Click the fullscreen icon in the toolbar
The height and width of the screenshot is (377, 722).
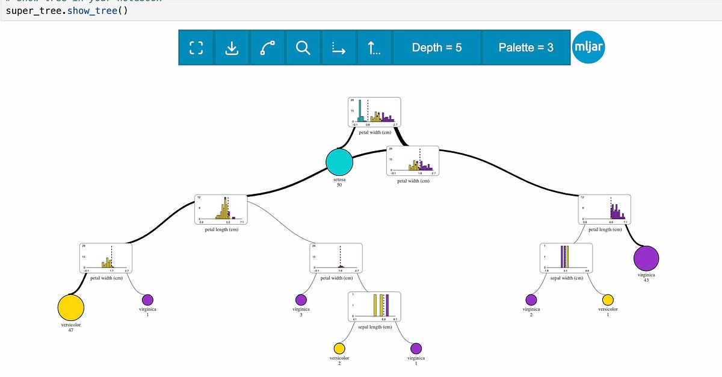tap(196, 48)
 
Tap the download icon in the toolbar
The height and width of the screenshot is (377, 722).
tap(232, 48)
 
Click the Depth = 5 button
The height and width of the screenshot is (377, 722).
tap(437, 48)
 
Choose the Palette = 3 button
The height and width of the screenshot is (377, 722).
tap(526, 48)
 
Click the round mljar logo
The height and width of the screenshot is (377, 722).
tap(588, 47)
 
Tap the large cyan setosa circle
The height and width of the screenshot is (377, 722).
tap(339, 163)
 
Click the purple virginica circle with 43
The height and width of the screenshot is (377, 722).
tap(647, 259)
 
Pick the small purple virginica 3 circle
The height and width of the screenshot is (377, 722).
tap(301, 299)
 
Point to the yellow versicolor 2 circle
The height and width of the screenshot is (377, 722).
tap(339, 348)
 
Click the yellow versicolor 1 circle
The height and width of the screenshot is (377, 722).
tap(608, 299)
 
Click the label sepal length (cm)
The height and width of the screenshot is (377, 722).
tap(375, 327)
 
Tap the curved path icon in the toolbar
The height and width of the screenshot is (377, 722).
tap(268, 48)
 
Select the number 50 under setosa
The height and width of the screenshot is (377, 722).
tap(339, 184)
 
